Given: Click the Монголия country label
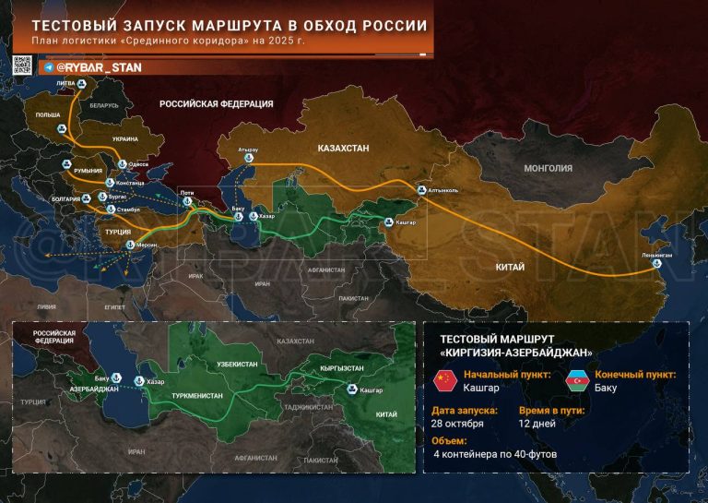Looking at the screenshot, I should tap(549, 169).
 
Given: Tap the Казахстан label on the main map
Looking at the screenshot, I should tap(343, 148).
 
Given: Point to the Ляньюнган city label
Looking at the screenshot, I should tap(655, 254).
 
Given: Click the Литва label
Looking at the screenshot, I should tap(66, 83).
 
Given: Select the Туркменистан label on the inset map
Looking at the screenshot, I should tap(197, 395).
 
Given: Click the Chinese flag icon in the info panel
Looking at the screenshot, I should tap(445, 380).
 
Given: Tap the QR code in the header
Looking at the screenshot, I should tap(22, 65).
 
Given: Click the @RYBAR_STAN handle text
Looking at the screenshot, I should tap(91, 67).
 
